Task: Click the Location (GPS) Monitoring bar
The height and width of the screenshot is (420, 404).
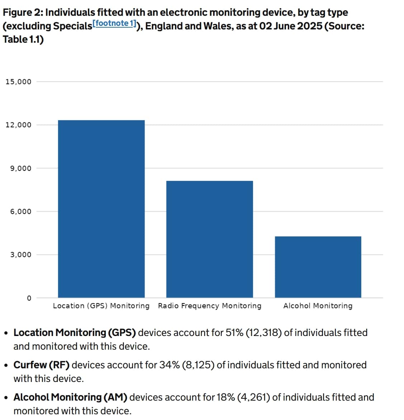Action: point(101,209)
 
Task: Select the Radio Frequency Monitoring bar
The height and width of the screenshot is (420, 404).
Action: point(210,239)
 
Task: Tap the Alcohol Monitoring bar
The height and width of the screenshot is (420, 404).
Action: point(318,267)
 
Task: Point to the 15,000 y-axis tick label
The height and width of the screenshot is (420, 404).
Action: point(18,82)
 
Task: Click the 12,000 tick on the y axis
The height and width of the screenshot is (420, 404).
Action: point(18,125)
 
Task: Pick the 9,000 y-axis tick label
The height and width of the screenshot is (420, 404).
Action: point(20,168)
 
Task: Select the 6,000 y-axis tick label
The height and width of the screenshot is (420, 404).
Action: point(20,211)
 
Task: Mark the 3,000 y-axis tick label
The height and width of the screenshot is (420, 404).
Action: point(20,255)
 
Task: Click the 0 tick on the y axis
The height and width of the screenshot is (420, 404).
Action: point(29,298)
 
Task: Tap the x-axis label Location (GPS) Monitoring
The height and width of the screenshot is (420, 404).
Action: point(101,306)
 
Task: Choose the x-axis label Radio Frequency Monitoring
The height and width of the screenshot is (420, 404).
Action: point(210,306)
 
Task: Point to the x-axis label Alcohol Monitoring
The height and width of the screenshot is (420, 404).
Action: point(318,306)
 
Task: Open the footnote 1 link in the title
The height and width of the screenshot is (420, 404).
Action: point(114,23)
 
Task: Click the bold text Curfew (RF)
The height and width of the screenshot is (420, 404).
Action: point(42,365)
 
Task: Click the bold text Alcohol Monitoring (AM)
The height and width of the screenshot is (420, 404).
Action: point(70,397)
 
